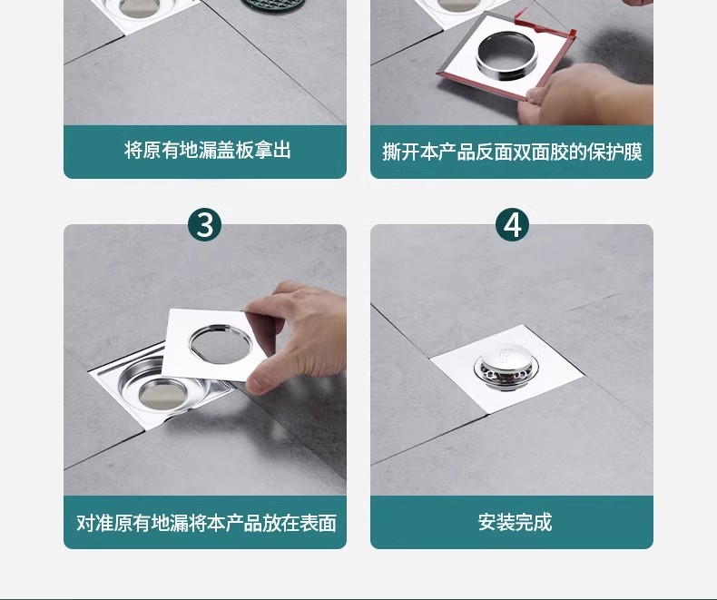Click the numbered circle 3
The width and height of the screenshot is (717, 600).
tap(204, 224)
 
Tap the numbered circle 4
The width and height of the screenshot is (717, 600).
tap(512, 224)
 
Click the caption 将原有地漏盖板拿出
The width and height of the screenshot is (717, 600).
tap(208, 150)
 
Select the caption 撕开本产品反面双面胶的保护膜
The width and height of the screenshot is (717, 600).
tap(512, 152)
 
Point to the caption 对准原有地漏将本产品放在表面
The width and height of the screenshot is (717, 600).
tap(206, 523)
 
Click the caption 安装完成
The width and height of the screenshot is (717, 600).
tap(515, 522)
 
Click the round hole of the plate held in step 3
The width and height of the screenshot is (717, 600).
tap(221, 344)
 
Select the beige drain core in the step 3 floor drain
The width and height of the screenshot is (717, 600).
tap(162, 394)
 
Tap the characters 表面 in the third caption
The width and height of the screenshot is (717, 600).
tap(319, 523)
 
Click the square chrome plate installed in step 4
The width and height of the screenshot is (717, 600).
tap(506, 369)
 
